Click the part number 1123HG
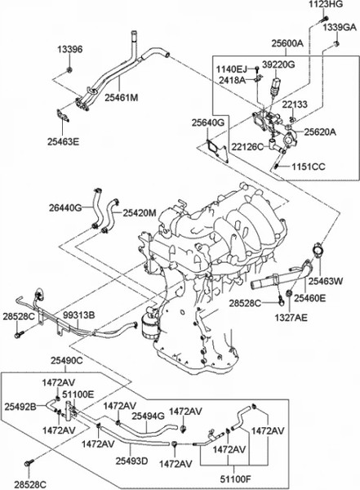coord(326,4)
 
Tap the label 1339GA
coord(340,28)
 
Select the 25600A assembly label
coord(287,43)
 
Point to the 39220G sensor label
coord(278,65)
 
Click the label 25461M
coord(122,97)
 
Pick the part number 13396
coord(70,49)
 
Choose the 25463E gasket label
coord(64,141)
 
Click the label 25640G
coord(208,122)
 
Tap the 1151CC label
coord(309,167)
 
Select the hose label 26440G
coord(65,207)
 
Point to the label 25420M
coord(139,213)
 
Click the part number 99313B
coord(78,315)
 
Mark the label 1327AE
coord(291,318)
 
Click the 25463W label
coord(326,281)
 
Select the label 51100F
coord(236,479)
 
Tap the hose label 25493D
coord(132,461)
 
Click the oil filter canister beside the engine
coord(150,325)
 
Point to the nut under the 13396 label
coord(69,69)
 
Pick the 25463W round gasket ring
coord(318,252)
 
